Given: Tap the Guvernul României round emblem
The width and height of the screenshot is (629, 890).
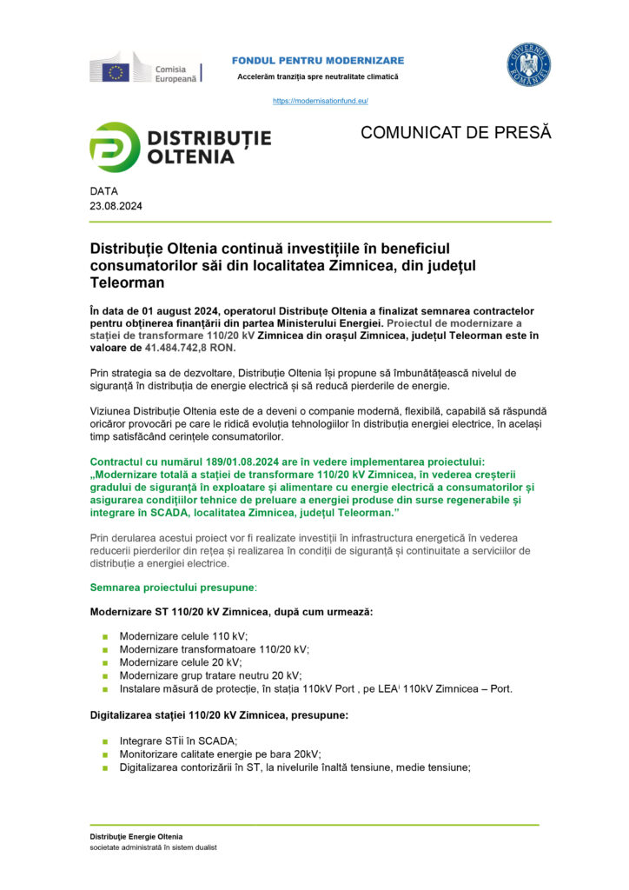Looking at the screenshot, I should coord(529,65).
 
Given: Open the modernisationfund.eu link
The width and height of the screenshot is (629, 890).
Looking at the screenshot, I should coord(320,101).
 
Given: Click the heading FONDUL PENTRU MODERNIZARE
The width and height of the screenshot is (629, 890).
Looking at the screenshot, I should coord(317,60).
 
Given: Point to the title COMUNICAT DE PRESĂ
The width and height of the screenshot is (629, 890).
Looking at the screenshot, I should coord(455,133).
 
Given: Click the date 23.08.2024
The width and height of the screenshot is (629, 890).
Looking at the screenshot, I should coord(116,207).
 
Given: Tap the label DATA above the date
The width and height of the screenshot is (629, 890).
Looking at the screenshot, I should coord(103,190).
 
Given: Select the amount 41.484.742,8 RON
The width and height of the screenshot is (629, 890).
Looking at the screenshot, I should coord(184,348).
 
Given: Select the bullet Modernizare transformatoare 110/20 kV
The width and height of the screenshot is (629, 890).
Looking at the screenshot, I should coord(214,649).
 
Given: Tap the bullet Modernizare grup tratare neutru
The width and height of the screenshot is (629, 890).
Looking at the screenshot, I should coord(210,675).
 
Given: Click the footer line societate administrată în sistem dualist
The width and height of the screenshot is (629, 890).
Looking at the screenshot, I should coord(153,847).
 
